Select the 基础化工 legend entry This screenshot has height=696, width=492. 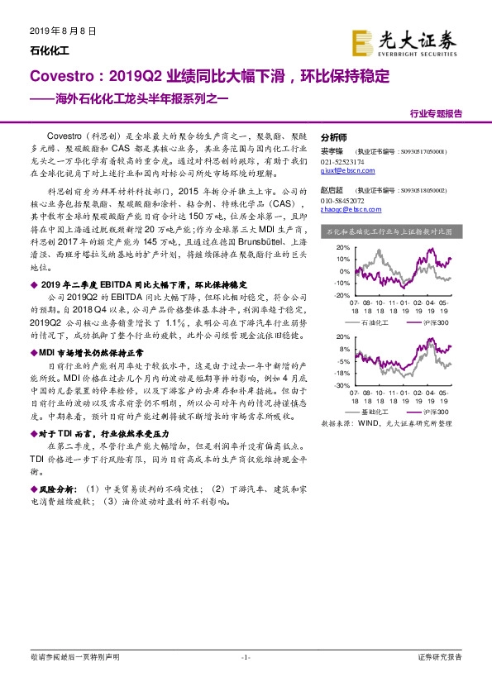[x=370, y=411]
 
